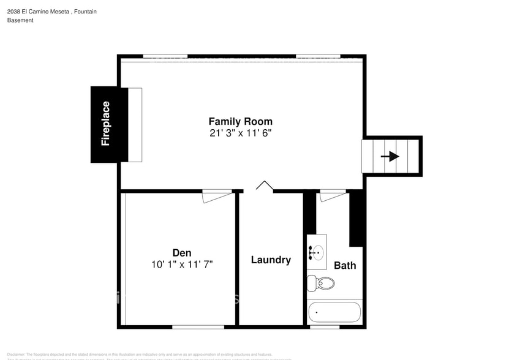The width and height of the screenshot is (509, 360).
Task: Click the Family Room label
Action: click(240, 121)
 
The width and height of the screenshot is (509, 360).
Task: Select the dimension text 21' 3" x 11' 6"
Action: click(240, 133)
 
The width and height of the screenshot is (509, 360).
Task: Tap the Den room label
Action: click(181, 252)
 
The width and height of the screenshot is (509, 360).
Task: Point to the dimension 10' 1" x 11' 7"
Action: click(181, 264)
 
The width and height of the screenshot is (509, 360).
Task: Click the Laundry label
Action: click(271, 260)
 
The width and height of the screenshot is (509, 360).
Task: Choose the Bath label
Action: click(345, 265)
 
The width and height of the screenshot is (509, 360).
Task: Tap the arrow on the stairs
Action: click(390, 156)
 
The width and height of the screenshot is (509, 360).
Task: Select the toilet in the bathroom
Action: click(321, 283)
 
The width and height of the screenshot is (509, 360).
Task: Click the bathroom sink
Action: click(317, 251)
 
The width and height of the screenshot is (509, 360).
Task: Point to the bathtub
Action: click(334, 312)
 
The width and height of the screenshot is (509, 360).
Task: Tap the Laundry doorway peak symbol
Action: click(264, 185)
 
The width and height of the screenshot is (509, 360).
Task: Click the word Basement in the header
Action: click(20, 20)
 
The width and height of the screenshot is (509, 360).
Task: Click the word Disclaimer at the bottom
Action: click(16, 354)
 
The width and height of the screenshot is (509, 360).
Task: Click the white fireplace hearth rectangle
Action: click(135, 125)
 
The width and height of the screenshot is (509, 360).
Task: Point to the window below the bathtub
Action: click(325, 326)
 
